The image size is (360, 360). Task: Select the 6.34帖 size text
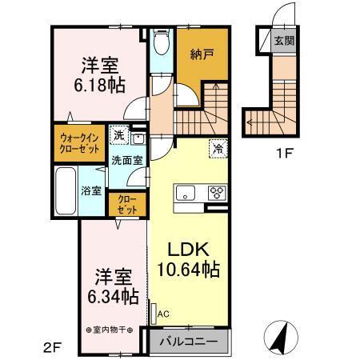114,296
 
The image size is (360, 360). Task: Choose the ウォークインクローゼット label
79,143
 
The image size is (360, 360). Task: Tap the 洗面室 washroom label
126,160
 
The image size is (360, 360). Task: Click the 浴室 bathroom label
90,190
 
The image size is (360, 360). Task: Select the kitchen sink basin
184,192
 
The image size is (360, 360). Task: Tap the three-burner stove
217,192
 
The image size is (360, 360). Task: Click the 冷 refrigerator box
218,148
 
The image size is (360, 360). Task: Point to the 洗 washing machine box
118,134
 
